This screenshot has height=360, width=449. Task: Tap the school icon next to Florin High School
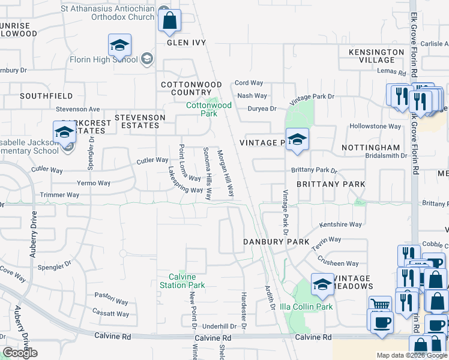coord(119,45)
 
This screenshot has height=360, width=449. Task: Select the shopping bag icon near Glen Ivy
coord(170,20)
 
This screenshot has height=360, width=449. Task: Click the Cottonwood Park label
coord(208,109)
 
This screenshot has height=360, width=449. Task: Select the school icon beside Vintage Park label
coord(297,140)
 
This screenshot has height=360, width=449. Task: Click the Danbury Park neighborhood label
coord(276,241)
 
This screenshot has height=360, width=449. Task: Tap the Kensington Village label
coord(376,56)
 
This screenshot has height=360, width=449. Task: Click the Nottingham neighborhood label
coord(370,148)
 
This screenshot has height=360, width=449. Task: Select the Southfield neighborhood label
coord(46,96)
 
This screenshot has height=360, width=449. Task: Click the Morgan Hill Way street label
coord(225,173)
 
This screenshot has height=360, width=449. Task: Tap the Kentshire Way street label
coord(340,224)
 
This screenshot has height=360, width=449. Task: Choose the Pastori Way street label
coord(112,302)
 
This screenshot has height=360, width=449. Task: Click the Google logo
coord(20,353)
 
